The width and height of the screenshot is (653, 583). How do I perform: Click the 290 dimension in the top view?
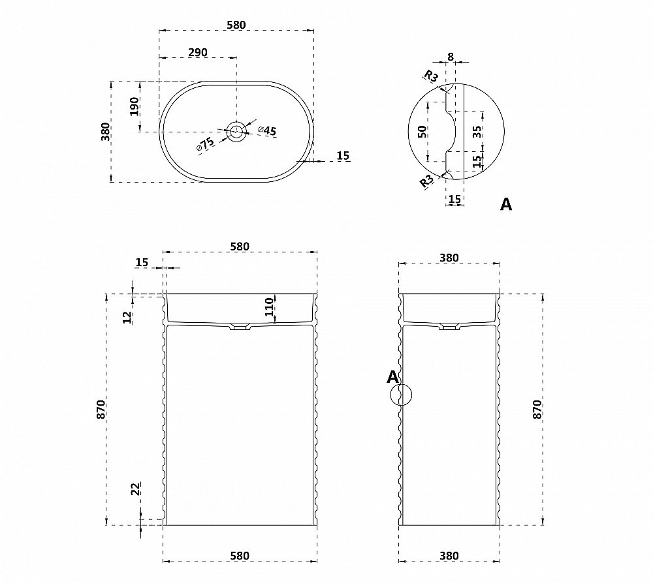[198, 52]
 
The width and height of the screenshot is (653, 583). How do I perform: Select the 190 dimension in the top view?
[134, 106]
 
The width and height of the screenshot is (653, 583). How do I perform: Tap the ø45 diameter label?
[267, 131]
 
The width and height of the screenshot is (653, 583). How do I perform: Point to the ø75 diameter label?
[205, 143]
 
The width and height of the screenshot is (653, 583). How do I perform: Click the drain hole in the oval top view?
[237, 132]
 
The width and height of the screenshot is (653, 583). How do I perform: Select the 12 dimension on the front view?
[127, 317]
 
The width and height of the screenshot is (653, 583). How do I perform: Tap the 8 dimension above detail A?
[451, 57]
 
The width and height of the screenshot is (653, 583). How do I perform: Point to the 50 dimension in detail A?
[422, 130]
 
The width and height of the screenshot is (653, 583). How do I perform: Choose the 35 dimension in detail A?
[477, 130]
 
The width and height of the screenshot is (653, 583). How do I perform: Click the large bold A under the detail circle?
[505, 204]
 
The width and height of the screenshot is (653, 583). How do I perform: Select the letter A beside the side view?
[392, 376]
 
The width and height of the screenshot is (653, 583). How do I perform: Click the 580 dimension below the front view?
[240, 556]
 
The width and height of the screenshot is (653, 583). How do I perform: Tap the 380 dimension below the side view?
[449, 556]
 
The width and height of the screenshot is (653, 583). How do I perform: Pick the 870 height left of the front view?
[101, 409]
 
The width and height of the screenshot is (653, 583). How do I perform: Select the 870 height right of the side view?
[537, 409]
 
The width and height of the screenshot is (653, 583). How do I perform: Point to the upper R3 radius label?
[430, 76]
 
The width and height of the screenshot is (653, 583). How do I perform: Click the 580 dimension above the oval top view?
[236, 25]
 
